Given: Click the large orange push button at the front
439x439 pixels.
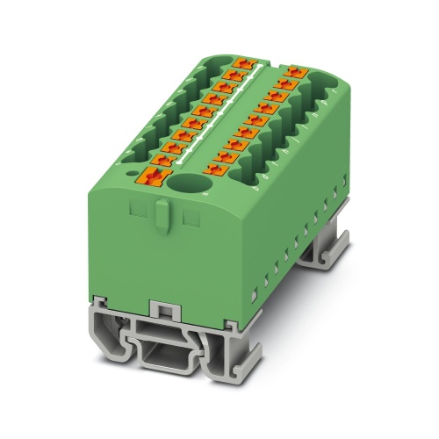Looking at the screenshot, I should click(x=155, y=177).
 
